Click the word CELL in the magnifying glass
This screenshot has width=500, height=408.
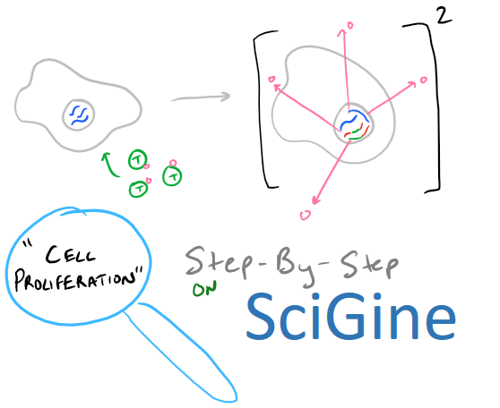(71, 254)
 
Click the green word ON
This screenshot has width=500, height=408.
(205, 288)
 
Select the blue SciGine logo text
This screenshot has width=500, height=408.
(350, 316)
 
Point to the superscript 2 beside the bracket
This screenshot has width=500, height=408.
(444, 15)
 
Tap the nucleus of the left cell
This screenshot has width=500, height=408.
(79, 114)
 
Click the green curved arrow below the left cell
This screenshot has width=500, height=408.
(109, 166)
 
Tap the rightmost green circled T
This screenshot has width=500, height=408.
(172, 175)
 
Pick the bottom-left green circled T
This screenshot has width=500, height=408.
(139, 189)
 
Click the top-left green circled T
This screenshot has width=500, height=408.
(137, 159)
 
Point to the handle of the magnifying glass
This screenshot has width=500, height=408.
(182, 352)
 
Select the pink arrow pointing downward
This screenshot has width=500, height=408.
(332, 172)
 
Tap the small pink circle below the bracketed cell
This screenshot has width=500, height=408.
(306, 216)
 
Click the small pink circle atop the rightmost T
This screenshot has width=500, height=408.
(173, 163)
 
